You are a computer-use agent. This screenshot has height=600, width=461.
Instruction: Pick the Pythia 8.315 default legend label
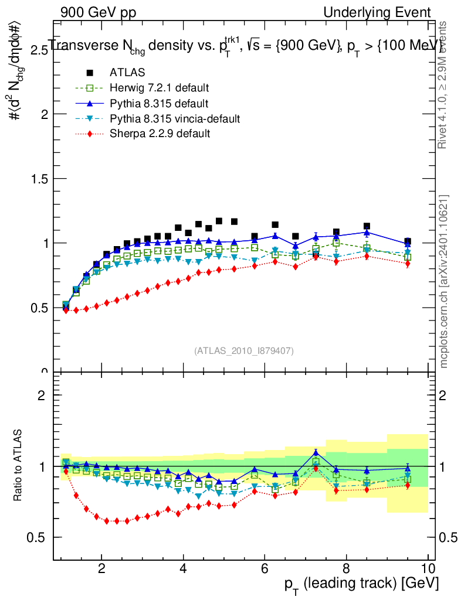159,104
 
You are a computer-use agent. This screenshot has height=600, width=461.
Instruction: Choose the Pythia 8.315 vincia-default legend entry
175,119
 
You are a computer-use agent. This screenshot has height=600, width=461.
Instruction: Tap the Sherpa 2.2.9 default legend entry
160,134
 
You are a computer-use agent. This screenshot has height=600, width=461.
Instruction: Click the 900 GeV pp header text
97,12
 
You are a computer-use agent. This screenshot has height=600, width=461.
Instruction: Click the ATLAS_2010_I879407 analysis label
244,350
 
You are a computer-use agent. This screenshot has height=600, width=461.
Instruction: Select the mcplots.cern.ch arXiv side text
444,281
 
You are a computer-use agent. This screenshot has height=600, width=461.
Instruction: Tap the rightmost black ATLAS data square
408,241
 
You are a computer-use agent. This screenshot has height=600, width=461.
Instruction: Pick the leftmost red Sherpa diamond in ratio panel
66,472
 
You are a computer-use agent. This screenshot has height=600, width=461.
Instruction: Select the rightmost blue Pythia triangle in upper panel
408,244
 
